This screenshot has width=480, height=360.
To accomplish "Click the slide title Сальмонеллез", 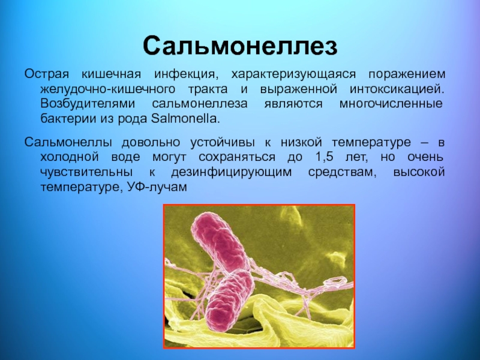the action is (x=240, y=46).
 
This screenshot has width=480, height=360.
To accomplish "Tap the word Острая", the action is (x=47, y=74).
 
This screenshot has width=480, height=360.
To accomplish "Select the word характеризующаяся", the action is (x=293, y=74).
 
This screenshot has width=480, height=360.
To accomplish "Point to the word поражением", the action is (x=407, y=74).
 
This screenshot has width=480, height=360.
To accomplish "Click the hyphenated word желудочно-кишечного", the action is (x=108, y=89).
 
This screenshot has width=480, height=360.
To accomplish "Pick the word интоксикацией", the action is (x=397, y=89).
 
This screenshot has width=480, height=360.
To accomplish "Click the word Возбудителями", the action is (x=88, y=103).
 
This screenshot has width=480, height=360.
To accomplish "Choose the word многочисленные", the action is (x=391, y=103).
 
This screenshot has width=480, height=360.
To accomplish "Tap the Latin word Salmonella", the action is (x=185, y=118).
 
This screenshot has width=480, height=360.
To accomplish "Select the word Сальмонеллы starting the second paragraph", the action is (x=68, y=142).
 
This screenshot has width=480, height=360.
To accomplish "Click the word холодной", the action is (x=70, y=157).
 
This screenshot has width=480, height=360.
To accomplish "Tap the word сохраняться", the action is (x=236, y=157).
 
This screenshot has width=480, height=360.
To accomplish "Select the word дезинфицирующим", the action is (x=232, y=172).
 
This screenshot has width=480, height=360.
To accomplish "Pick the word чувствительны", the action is (x=86, y=172).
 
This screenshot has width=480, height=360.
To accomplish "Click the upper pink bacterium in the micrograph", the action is (x=219, y=241).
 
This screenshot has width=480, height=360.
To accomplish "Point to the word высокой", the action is (x=419, y=172).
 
